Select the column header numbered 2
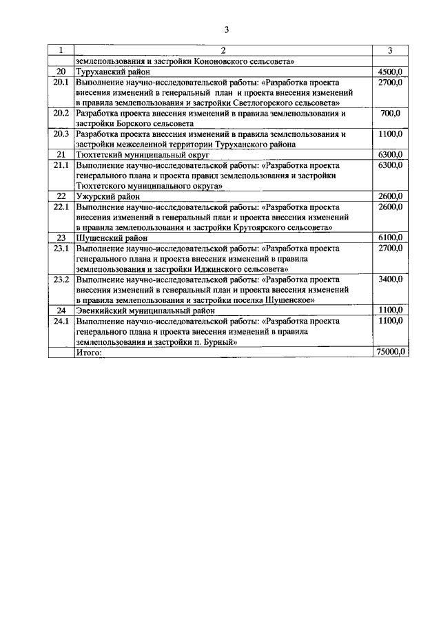223,50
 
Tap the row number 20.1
61,82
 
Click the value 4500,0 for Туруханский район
390,72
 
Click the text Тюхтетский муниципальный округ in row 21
142,155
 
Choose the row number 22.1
61,207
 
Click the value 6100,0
390,237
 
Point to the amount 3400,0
390,279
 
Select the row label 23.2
61,279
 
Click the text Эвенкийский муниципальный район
145,310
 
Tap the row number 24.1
61,321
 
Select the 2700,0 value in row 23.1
390,248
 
